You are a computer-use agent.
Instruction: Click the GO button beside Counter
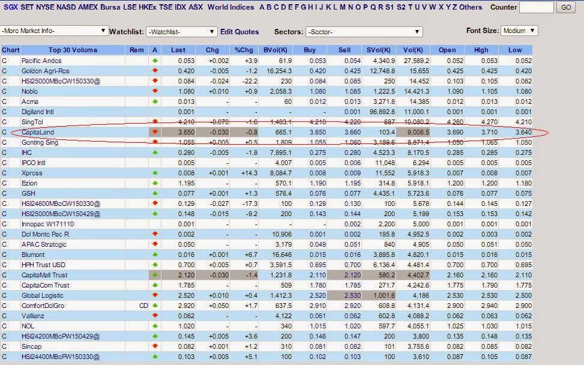coord(565,7)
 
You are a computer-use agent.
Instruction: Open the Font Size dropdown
coord(520,31)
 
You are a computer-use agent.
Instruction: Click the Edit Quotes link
coord(239,32)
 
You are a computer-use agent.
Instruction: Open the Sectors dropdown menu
coord(364,32)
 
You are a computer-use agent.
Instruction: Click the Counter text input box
coord(536,7)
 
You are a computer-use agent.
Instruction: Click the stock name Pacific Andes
coord(41,61)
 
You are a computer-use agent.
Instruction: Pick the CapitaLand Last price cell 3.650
coord(182,132)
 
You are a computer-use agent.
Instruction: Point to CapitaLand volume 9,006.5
coord(415,132)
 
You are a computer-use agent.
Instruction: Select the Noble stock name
coord(30,91)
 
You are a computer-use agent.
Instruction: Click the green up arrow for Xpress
coord(155,173)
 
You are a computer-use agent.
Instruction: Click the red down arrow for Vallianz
coord(155,316)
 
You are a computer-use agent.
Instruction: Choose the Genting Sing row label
coord(40,142)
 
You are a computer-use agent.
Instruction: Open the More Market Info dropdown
coord(54,31)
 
